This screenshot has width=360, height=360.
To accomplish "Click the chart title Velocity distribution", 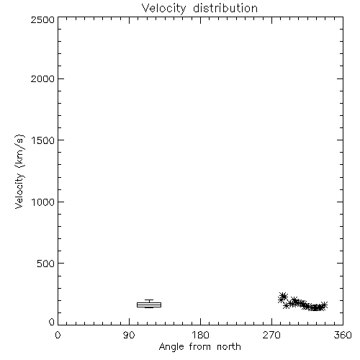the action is [199, 9].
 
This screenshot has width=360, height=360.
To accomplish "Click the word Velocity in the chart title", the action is [163, 9].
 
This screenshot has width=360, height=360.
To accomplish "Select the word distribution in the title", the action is [225, 8].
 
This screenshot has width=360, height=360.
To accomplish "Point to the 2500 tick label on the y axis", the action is [42, 19].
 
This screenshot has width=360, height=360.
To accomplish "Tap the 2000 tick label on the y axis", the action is [42, 78].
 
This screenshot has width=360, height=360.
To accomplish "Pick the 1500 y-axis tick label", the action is [42, 140].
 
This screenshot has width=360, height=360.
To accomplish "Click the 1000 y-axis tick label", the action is [42, 202].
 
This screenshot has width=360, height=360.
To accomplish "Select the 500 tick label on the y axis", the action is [45, 264].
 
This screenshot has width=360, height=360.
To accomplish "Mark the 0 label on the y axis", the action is [52, 322].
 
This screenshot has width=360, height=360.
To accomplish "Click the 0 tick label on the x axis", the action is [58, 335].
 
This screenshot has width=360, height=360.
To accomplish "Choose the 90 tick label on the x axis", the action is [129, 335].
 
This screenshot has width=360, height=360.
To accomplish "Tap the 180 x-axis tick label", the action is [200, 335].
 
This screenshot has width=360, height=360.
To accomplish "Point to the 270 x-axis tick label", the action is [271, 335].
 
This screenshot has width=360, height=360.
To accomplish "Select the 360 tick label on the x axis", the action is [343, 335].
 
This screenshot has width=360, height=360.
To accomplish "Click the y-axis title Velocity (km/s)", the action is [19, 171].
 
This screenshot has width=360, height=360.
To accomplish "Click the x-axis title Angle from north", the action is [200, 347].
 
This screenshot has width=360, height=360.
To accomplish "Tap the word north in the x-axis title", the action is [229, 347].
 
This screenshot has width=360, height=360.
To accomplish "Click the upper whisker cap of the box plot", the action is [149, 300].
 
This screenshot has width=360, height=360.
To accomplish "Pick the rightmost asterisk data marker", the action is [324, 305].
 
